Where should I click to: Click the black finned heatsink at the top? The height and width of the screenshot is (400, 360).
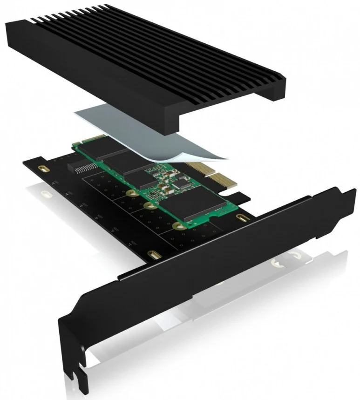pos(140,61)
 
